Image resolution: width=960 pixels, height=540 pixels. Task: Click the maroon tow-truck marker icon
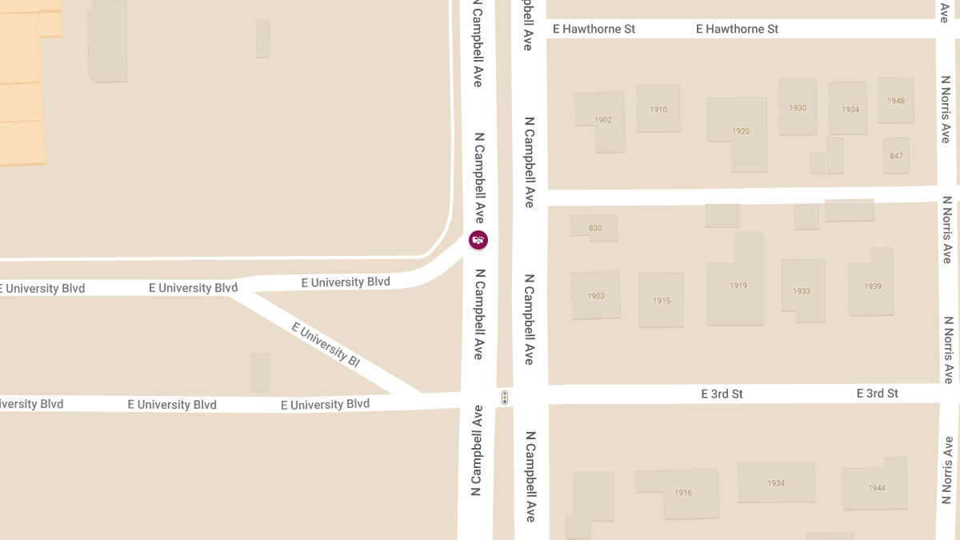click(478, 239)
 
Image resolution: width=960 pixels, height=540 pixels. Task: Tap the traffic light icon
click(505, 397)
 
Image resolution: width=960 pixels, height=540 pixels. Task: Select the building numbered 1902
click(602, 120)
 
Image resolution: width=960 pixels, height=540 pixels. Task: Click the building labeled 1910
click(658, 110)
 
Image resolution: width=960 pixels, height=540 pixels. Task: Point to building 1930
click(798, 108)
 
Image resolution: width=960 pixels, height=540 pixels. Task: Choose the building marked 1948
click(896, 101)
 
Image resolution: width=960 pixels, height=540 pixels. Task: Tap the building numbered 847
click(896, 155)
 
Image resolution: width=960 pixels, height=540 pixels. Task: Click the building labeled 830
click(594, 228)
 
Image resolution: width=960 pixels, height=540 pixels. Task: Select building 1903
click(596, 296)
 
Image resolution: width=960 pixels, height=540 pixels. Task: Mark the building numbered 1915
click(662, 301)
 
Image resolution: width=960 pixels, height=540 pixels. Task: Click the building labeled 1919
click(738, 286)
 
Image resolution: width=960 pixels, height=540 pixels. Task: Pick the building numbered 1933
click(802, 291)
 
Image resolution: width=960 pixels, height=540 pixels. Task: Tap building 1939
click(872, 286)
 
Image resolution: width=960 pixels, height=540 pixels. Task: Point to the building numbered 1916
click(682, 493)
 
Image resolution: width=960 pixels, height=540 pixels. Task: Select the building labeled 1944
click(877, 487)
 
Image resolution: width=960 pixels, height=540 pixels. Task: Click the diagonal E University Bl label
click(326, 344)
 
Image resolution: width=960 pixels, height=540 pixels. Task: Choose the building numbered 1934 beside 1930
click(850, 110)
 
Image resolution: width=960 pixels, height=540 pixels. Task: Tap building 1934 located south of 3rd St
click(776, 483)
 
